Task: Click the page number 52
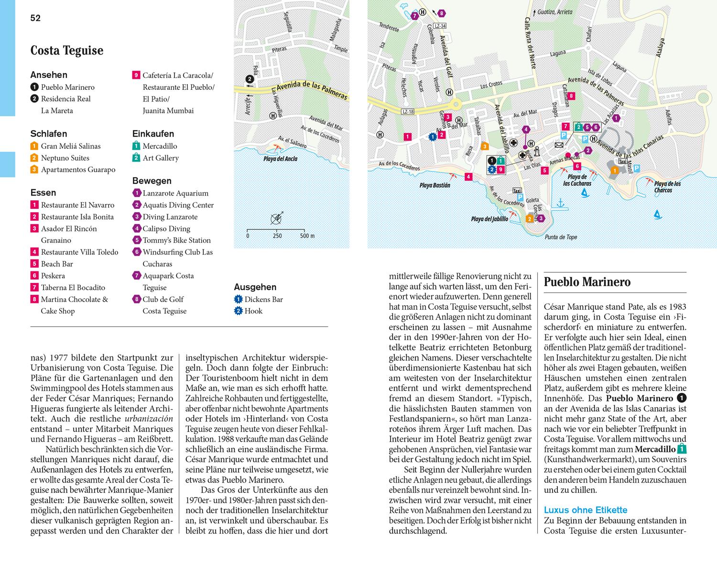(x=35, y=18)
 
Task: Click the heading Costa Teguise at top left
(x=67, y=51)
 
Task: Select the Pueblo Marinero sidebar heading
(x=587, y=282)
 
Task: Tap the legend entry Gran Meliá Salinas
(x=71, y=146)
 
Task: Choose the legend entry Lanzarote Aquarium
(x=175, y=194)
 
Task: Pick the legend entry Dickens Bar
(x=263, y=300)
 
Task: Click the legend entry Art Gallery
(x=161, y=158)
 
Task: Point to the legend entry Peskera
(x=53, y=276)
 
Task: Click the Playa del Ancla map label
(x=281, y=159)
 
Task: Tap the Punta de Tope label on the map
(x=561, y=237)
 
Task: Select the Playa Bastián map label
(x=435, y=185)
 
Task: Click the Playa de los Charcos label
(x=667, y=187)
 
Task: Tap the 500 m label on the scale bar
(x=307, y=236)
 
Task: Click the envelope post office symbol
(x=559, y=145)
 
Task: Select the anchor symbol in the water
(x=561, y=204)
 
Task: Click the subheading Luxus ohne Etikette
(x=586, y=510)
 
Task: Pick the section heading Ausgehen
(x=255, y=287)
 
